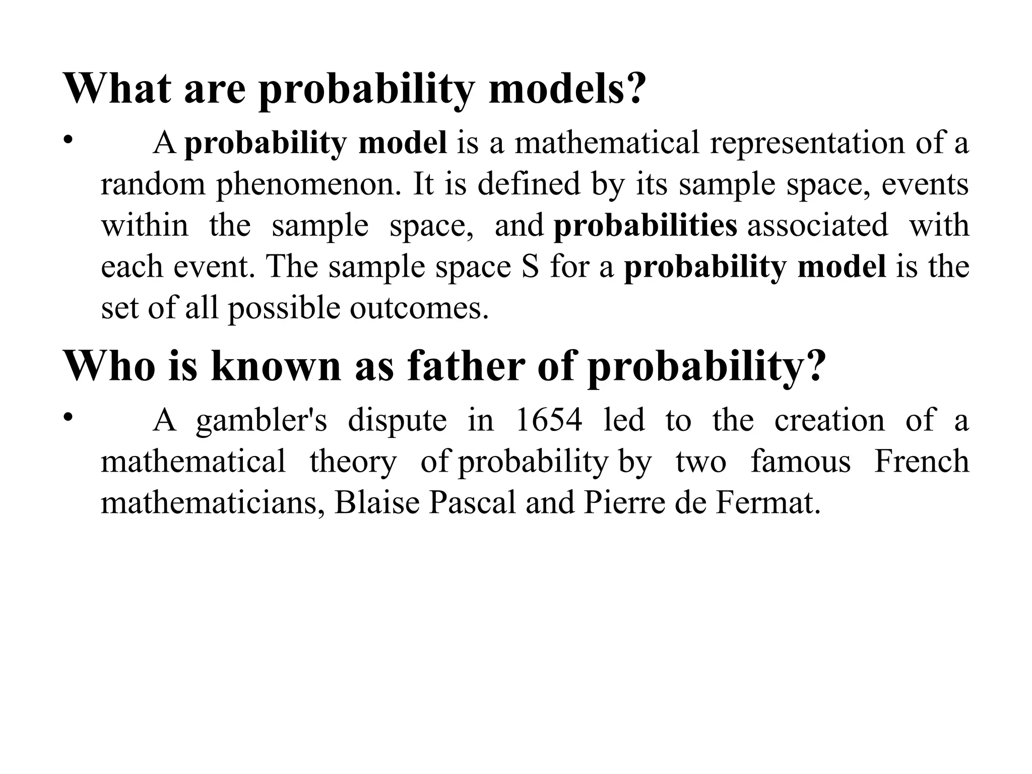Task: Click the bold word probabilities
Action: [x=645, y=226]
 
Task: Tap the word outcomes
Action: [x=419, y=308]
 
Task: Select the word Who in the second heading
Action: [x=109, y=366]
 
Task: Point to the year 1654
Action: [x=549, y=420]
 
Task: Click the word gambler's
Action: [x=262, y=420]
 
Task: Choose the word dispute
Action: [x=397, y=420]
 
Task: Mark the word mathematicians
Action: [x=212, y=503]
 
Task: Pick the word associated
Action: [x=817, y=226]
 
